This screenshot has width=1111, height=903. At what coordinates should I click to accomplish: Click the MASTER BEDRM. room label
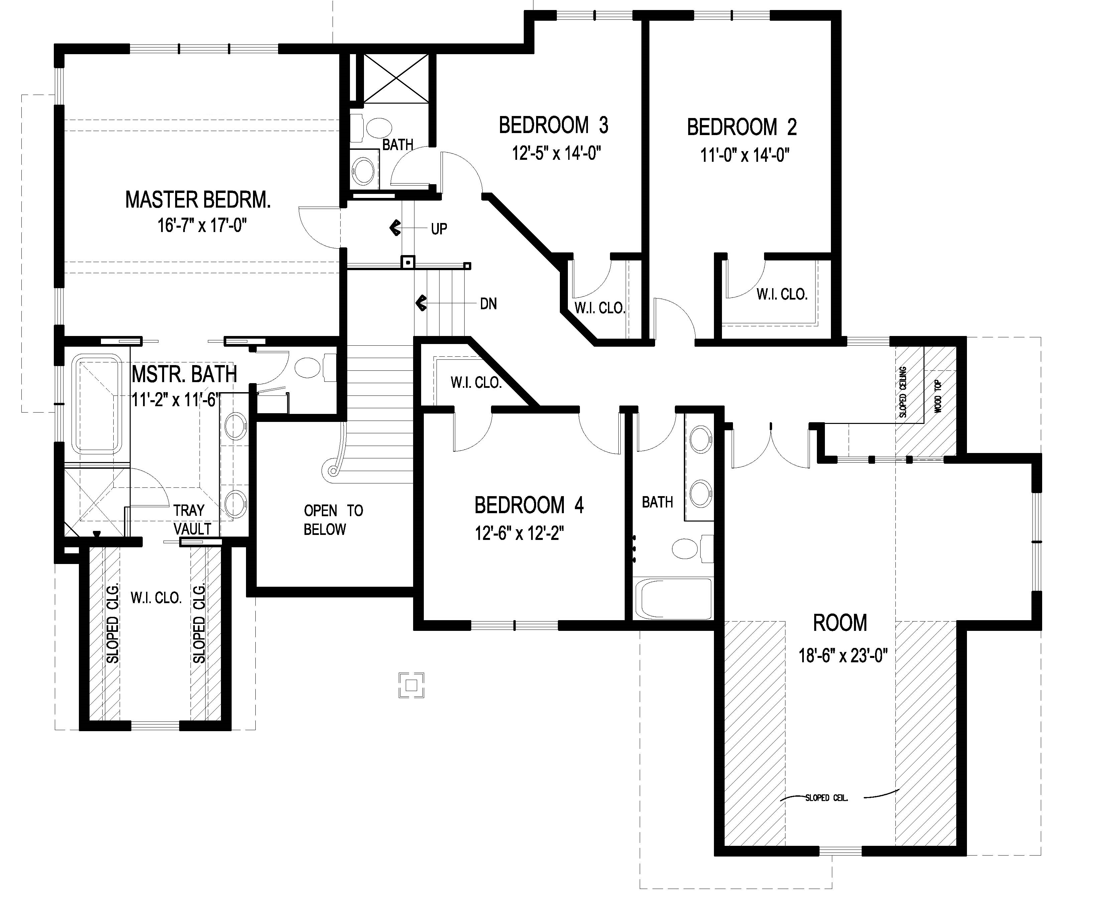click(198, 200)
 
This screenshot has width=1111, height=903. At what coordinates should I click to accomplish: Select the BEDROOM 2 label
click(742, 127)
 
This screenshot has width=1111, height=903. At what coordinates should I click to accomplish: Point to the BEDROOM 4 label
click(529, 505)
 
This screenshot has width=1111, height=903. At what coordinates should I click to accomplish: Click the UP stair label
click(439, 229)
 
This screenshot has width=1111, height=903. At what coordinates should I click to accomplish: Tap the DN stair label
click(488, 304)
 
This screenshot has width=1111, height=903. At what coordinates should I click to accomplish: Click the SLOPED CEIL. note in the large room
click(826, 797)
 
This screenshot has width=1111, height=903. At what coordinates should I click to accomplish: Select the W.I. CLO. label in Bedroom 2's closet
click(782, 295)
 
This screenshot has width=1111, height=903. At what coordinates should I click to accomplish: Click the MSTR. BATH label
click(184, 374)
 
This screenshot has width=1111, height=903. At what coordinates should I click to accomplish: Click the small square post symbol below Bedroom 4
click(411, 685)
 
